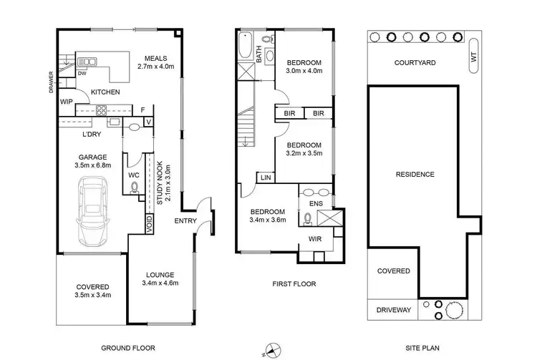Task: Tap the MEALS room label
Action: [x=155, y=59]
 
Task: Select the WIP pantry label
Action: [x=66, y=102]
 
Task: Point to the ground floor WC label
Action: [x=133, y=175]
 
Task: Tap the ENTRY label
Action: [x=185, y=221]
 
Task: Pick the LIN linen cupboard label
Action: [x=265, y=177]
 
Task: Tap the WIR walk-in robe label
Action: [x=314, y=238]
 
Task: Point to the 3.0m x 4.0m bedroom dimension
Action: [x=304, y=71]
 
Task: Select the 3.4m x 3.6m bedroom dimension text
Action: [x=268, y=221]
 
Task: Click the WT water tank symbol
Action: [x=473, y=63]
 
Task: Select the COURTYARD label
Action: [x=415, y=63]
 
